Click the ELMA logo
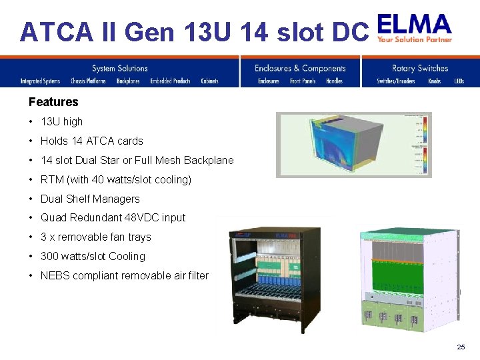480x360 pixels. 415,28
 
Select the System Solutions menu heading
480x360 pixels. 120,68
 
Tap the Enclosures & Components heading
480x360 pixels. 300,68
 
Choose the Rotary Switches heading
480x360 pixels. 420,68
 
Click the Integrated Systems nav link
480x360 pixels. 40,81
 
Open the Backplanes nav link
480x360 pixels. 128,81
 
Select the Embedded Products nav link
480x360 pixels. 170,81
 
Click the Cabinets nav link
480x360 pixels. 209,81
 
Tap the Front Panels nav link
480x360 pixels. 303,81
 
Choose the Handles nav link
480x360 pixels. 334,81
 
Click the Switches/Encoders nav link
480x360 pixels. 396,81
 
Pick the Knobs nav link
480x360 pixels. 434,81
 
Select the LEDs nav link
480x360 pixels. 459,81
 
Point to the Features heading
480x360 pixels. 53,102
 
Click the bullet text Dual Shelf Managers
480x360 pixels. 90,199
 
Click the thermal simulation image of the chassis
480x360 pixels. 354,145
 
